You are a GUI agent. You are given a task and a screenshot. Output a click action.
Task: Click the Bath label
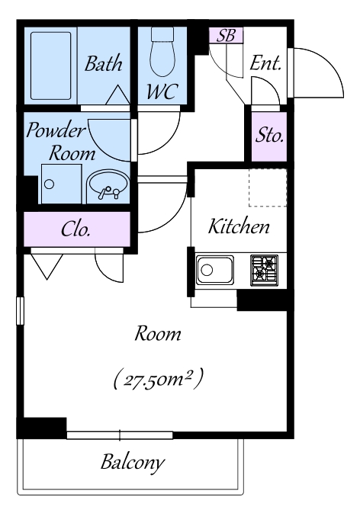pos(104,63)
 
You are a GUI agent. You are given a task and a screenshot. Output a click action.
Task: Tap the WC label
pos(162,91)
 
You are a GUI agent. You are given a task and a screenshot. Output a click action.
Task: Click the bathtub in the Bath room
pos(51,66)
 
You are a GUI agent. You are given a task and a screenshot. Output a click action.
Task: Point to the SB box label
pos(226,35)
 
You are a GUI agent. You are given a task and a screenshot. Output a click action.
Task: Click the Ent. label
pos(265,62)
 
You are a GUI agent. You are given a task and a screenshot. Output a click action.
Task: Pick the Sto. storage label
pos(269,134)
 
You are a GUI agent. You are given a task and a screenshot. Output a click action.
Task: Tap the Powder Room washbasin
pos(108,186)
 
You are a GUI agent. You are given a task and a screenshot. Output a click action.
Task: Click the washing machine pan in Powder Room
pos(61,184)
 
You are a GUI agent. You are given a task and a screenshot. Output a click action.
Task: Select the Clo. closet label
pos(76,229)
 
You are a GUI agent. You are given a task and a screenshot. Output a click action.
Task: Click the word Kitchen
pos(239,226)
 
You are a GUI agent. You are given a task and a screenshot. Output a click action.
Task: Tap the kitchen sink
pos(215,270)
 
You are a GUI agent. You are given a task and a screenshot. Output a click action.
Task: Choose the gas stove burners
pos(264,270)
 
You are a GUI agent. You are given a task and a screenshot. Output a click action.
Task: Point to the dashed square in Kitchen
pos(268,188)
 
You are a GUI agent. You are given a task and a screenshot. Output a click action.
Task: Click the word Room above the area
pos(158,334)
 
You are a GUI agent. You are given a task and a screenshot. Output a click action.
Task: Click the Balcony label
pos(132,463)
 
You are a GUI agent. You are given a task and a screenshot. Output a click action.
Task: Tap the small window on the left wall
pos(21,311)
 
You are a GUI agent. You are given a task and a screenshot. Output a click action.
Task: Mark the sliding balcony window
pos(120,435)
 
